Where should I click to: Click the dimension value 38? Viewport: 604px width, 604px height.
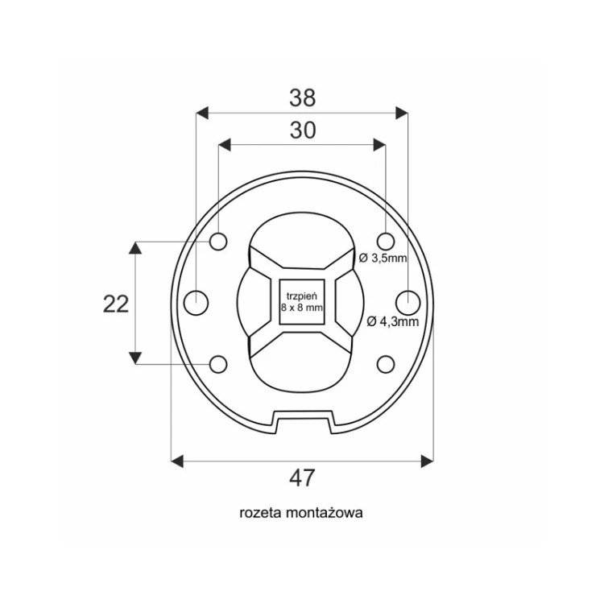click(302, 97)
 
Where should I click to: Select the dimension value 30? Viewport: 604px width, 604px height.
click(303, 130)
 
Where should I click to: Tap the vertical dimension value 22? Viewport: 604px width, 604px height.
click(115, 304)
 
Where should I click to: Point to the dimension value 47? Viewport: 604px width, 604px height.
click(302, 478)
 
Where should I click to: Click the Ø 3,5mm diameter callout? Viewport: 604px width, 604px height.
click(383, 258)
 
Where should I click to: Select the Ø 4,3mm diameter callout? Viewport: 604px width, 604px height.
click(392, 321)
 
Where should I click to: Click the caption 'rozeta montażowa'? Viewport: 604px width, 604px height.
click(301, 513)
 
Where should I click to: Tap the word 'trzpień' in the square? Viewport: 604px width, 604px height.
click(302, 296)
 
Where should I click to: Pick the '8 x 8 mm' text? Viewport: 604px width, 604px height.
click(302, 308)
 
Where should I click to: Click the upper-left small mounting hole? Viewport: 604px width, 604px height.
click(218, 242)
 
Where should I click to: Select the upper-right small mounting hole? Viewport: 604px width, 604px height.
click(386, 242)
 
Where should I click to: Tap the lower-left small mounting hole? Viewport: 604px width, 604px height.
click(218, 364)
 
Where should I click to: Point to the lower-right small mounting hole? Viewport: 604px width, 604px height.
click(386, 364)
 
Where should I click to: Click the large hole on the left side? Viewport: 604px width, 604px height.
click(196, 303)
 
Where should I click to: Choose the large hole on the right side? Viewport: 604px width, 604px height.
click(408, 303)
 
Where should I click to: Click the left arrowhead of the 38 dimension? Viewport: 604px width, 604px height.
click(202, 114)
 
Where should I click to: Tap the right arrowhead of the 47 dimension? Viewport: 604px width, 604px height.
click(427, 461)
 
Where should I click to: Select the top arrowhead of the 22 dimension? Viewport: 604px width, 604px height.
click(135, 248)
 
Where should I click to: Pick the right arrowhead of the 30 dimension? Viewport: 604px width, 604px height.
click(379, 145)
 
